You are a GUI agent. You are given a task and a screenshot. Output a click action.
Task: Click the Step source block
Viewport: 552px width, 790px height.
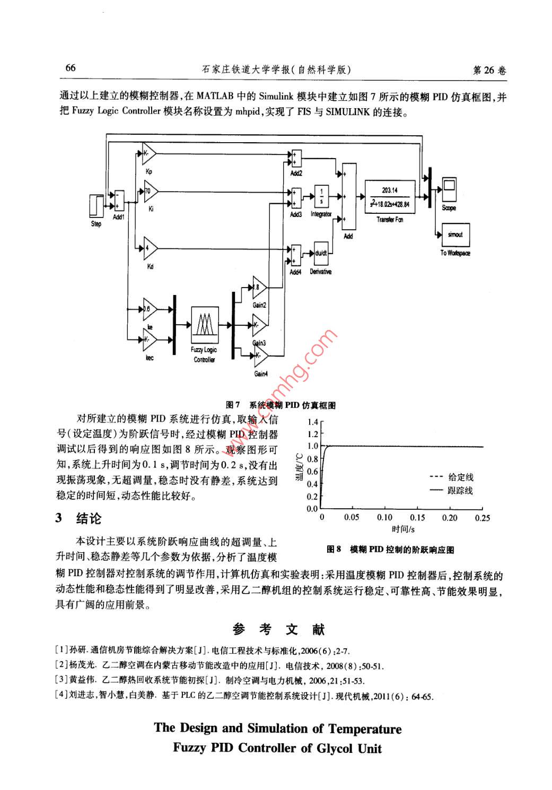[96, 206]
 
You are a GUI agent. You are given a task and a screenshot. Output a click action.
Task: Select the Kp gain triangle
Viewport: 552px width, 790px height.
[149, 153]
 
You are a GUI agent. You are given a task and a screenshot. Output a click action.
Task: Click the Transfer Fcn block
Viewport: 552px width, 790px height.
[390, 197]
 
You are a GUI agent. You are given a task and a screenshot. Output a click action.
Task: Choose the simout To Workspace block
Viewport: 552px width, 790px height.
[455, 235]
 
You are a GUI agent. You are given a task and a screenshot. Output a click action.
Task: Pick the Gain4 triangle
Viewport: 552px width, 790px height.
[260, 355]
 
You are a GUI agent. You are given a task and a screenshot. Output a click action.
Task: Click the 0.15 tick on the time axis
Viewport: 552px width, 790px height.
[417, 518]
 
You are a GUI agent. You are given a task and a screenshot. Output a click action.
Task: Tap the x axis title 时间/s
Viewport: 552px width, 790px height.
[403, 529]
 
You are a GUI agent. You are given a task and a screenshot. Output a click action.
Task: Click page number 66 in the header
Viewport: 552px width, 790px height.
[71, 67]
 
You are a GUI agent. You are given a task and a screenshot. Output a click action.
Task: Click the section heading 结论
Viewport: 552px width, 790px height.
[89, 518]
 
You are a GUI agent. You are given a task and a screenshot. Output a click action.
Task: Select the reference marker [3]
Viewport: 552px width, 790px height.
[62, 680]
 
